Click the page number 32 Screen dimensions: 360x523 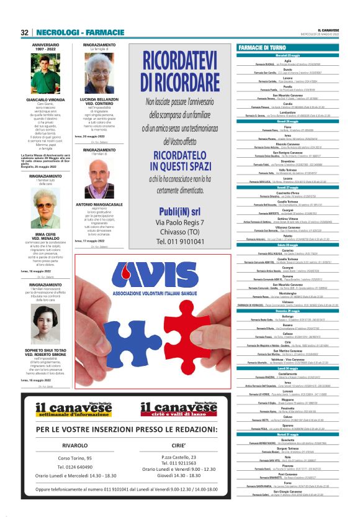(x=25, y=32)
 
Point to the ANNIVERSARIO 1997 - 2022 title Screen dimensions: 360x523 (x=45, y=47)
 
